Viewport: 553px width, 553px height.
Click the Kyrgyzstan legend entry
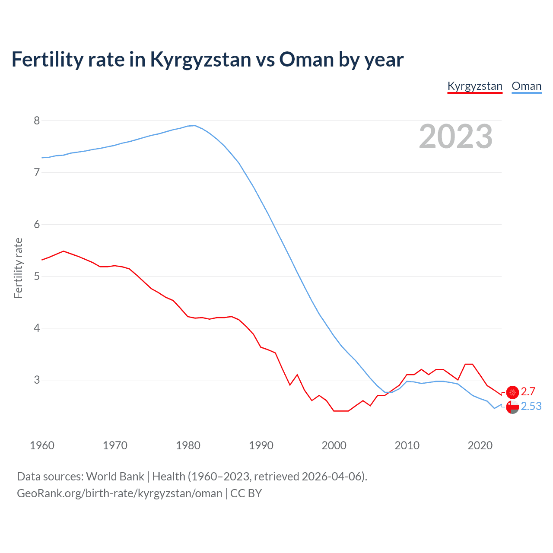[x=474, y=86]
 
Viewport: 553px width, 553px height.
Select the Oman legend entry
[x=526, y=86]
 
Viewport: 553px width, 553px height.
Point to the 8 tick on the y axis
[x=37, y=121]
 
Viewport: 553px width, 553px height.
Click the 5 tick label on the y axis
[x=37, y=276]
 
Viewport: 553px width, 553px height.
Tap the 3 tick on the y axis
[x=37, y=380]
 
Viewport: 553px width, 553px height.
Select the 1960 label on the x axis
[x=42, y=445]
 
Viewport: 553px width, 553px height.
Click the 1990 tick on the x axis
[x=261, y=445]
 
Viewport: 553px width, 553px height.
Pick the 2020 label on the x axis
[x=480, y=445]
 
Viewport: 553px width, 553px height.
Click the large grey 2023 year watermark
[x=455, y=137]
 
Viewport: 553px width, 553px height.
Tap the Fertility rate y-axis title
[x=18, y=268]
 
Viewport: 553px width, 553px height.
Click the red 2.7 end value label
[x=528, y=391]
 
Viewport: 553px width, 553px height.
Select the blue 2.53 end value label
[x=531, y=406]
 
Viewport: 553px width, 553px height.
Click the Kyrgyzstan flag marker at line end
[x=512, y=392]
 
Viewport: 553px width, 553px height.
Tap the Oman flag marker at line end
[x=512, y=407]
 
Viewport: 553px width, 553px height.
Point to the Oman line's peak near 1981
[x=195, y=125]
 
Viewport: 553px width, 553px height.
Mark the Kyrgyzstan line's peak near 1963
[x=64, y=251]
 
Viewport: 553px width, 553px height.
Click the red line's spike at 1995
[x=297, y=375]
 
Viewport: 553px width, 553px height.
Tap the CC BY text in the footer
[x=246, y=493]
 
